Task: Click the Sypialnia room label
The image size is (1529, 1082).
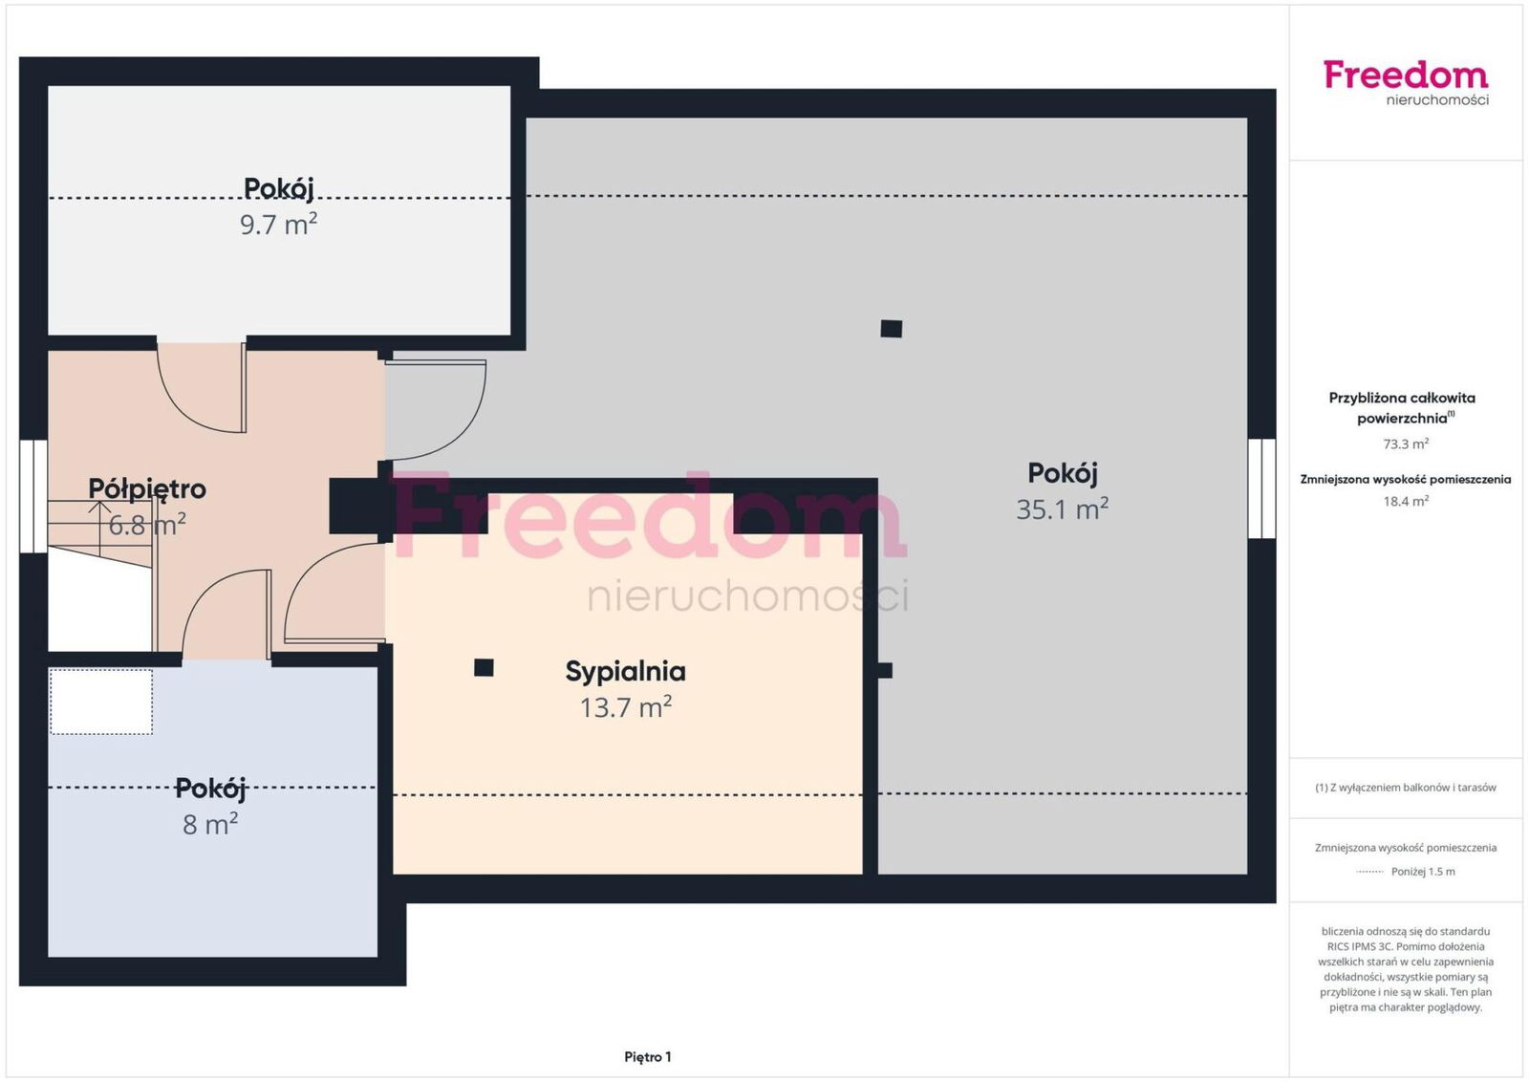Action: click(x=625, y=672)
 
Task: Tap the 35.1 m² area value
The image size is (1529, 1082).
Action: click(x=1062, y=509)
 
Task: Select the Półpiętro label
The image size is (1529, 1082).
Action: click(x=147, y=489)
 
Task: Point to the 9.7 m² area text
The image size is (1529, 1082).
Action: click(x=278, y=224)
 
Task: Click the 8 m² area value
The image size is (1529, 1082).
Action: click(x=210, y=824)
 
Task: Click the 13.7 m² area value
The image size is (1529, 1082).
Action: click(x=625, y=707)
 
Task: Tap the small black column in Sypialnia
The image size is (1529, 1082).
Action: click(x=484, y=667)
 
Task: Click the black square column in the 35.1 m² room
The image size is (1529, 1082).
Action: click(x=892, y=329)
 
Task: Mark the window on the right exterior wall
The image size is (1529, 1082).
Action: click(x=1261, y=488)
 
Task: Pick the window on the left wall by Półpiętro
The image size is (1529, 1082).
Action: click(x=33, y=496)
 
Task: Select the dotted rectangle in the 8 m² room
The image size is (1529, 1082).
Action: click(x=101, y=702)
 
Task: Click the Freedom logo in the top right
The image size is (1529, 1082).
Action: click(x=1406, y=82)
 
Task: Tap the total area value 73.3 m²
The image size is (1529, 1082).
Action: click(x=1406, y=444)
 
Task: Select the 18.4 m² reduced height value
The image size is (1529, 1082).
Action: click(x=1406, y=502)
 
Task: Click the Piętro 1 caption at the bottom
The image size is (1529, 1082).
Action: click(x=648, y=1057)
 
